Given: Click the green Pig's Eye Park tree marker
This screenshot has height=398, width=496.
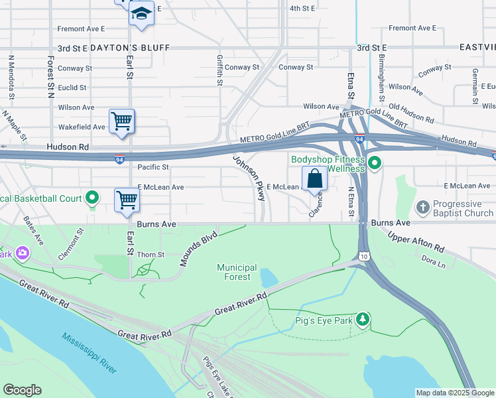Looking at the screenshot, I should (362, 320).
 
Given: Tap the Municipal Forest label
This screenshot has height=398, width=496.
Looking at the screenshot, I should (237, 273).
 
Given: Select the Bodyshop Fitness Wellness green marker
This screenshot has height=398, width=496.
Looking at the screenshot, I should (375, 163).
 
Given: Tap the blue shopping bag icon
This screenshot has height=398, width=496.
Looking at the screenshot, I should (314, 178).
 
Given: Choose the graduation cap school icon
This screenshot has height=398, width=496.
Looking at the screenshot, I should (141, 13).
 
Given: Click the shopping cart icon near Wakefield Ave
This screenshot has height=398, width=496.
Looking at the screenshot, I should (121, 121).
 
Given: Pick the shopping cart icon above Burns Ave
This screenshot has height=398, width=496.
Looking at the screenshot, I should (126, 200).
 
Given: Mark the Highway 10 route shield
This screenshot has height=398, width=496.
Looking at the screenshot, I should (364, 256).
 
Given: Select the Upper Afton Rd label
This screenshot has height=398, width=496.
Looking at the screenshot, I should (415, 242).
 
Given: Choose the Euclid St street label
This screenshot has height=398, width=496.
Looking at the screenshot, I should (72, 88).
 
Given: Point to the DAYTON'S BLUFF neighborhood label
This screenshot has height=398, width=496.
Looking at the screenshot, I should (130, 48).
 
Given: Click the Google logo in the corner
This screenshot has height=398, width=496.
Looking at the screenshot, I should (22, 390).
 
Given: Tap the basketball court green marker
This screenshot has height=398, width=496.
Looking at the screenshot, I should (93, 198).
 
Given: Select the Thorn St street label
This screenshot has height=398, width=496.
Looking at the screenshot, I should (150, 255).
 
